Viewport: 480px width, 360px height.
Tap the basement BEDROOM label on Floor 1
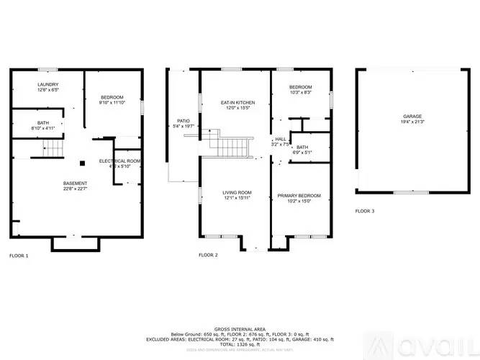coord(112,97)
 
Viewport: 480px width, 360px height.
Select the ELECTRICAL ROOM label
coord(119,161)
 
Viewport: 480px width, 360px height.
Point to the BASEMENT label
coord(75,183)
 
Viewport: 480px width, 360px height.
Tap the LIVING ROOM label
coord(236,192)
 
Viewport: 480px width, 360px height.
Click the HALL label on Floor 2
coord(280,139)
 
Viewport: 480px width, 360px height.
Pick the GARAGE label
coord(412,116)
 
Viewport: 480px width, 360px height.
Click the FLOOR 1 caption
coord(19,255)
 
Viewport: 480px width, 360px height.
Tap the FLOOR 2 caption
coord(208,255)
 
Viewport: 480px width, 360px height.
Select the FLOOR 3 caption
coord(365,211)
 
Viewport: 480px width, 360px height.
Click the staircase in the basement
coord(53,149)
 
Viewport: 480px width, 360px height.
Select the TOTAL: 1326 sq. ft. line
coord(239,344)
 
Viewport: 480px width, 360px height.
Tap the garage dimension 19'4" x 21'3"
coord(412,122)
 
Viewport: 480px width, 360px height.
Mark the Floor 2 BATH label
coord(302,147)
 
